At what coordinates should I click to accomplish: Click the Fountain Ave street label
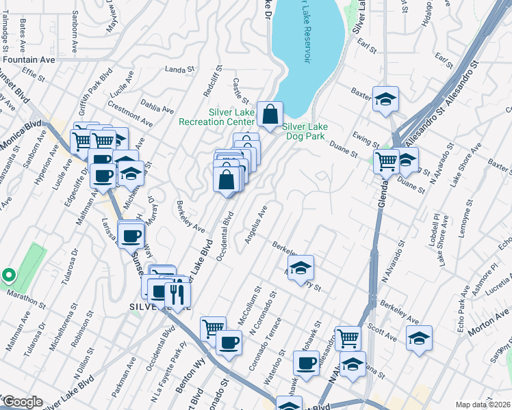tap(28, 59)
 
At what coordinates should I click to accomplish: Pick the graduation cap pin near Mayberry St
tap(300, 269)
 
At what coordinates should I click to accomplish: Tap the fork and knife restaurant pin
tap(177, 293)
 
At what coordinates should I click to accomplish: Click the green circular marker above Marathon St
tap(8, 275)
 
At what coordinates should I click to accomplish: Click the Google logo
tap(22, 402)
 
